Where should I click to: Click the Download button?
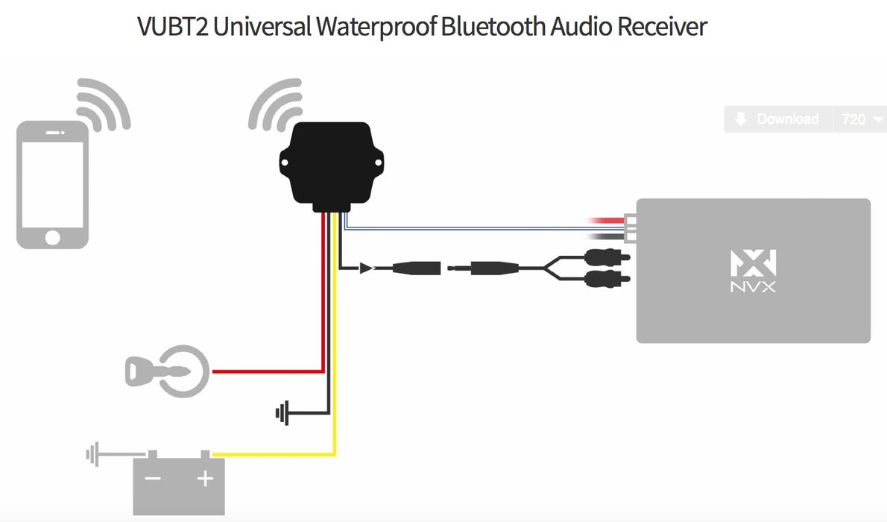pos(778,119)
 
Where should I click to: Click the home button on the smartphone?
pos(52,237)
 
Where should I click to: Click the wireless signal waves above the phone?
pos(103,104)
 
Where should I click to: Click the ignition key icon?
pos(165,371)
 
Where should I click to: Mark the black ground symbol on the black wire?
pos(282,412)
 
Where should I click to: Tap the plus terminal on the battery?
pos(205,479)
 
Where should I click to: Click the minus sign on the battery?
pos(154,479)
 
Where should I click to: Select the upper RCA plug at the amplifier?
pos(607,258)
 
